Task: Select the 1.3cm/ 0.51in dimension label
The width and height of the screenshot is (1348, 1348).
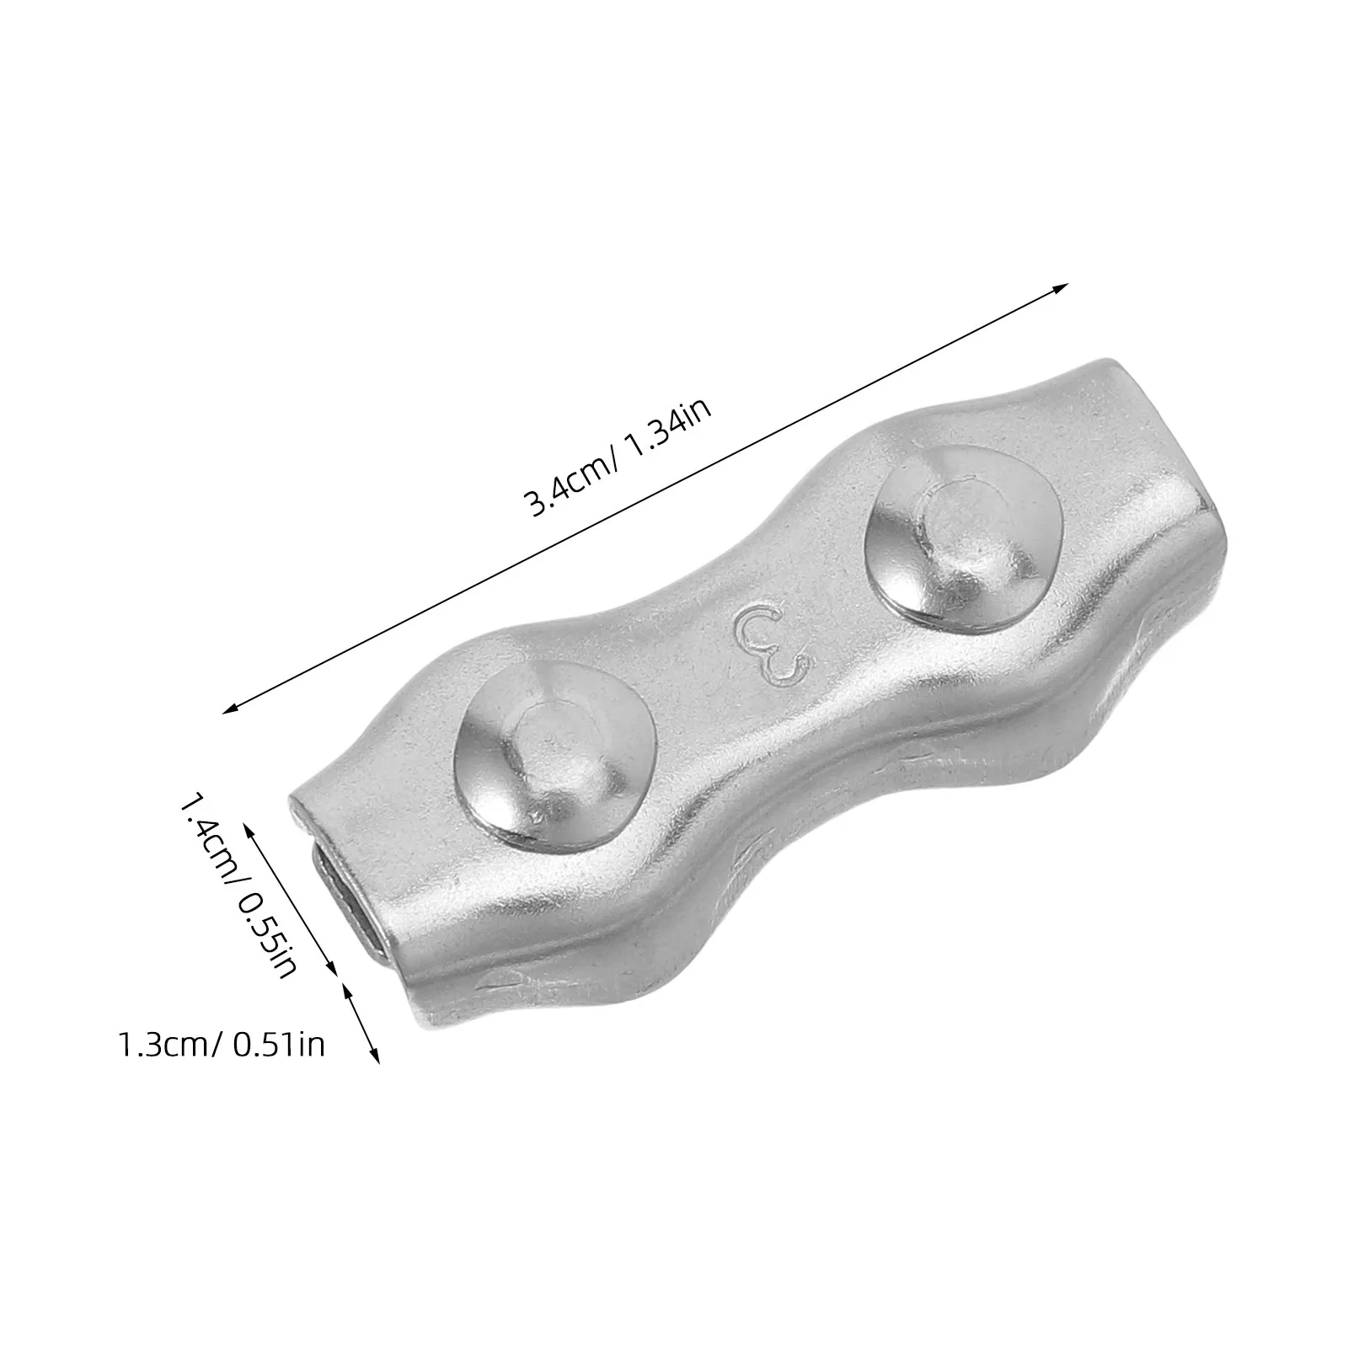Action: coord(220,1046)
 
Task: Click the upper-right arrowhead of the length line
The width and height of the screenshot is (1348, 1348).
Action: coord(1059,289)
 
